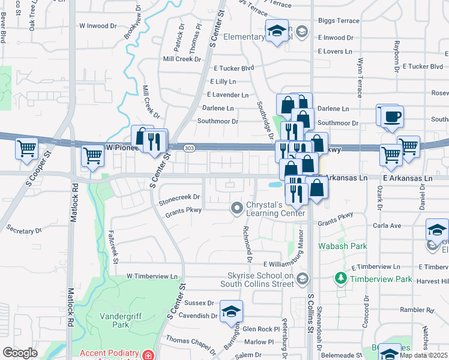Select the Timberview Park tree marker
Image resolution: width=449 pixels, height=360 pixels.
pyautogui.click(x=341, y=278)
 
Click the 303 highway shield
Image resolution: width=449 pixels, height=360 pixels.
pyautogui.click(x=190, y=148)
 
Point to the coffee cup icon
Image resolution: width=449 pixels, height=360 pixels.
pyautogui.click(x=392, y=116)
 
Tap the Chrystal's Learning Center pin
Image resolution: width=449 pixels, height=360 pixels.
pyautogui.click(x=237, y=208)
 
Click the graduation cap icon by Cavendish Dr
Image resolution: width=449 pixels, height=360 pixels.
pyautogui.click(x=231, y=312)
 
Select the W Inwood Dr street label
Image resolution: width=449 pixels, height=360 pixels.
pyautogui.click(x=98, y=26)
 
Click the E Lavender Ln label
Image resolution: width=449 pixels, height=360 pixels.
pyautogui.click(x=228, y=95)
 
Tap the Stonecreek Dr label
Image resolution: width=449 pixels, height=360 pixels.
pyautogui.click(x=179, y=197)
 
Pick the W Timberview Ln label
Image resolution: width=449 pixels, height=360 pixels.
pyautogui.click(x=152, y=277)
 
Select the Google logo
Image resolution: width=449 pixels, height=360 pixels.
pyautogui.click(x=20, y=353)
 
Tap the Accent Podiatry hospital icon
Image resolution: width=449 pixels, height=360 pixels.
pyautogui.click(x=148, y=355)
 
